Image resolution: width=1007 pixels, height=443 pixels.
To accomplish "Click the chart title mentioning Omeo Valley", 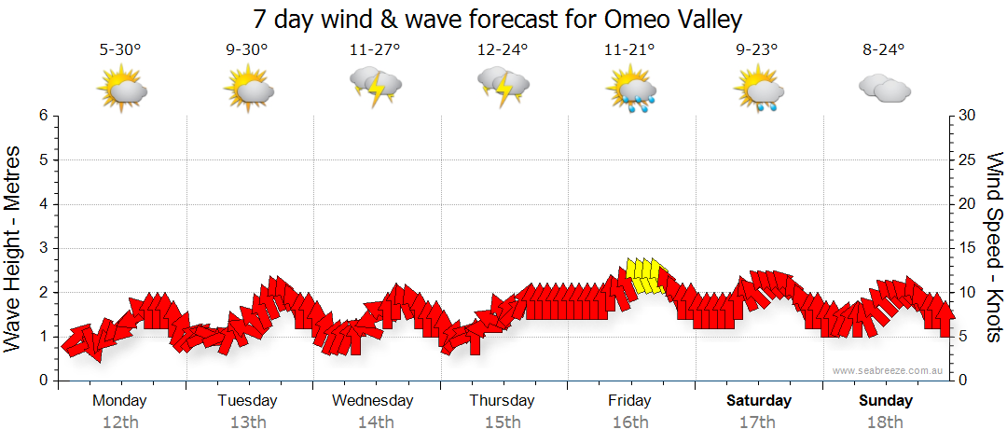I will pyautogui.click(x=498, y=20).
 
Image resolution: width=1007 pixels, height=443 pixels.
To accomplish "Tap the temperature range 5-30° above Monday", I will pyautogui.click(x=120, y=50).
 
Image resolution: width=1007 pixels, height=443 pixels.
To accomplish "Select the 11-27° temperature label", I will pyautogui.click(x=374, y=50).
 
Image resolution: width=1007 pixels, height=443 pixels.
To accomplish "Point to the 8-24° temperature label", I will pyautogui.click(x=883, y=50).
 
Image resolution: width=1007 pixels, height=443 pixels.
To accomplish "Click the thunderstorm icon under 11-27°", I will pyautogui.click(x=375, y=88).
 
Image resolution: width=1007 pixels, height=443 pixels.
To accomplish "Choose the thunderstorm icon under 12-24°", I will pyautogui.click(x=504, y=88).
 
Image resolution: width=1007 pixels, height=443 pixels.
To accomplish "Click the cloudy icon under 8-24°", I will pyautogui.click(x=884, y=89).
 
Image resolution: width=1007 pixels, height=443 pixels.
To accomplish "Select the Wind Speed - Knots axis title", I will pyautogui.click(x=993, y=248).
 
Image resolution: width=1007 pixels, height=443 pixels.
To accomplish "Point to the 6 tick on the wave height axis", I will pyautogui.click(x=43, y=116).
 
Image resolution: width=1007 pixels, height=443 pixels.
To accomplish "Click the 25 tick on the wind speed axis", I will pyautogui.click(x=968, y=159).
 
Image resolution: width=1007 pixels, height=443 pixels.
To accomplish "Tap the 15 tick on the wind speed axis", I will pyautogui.click(x=968, y=248).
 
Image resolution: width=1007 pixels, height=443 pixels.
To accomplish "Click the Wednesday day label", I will pyautogui.click(x=373, y=401).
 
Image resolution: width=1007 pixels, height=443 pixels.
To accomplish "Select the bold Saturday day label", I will pyautogui.click(x=759, y=401).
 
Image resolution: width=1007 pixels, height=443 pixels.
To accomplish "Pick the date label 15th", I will pyautogui.click(x=503, y=422).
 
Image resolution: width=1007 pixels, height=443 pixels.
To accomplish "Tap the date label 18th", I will pyautogui.click(x=886, y=422).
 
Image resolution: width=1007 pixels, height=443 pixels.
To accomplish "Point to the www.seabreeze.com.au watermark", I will pyautogui.click(x=889, y=371).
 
